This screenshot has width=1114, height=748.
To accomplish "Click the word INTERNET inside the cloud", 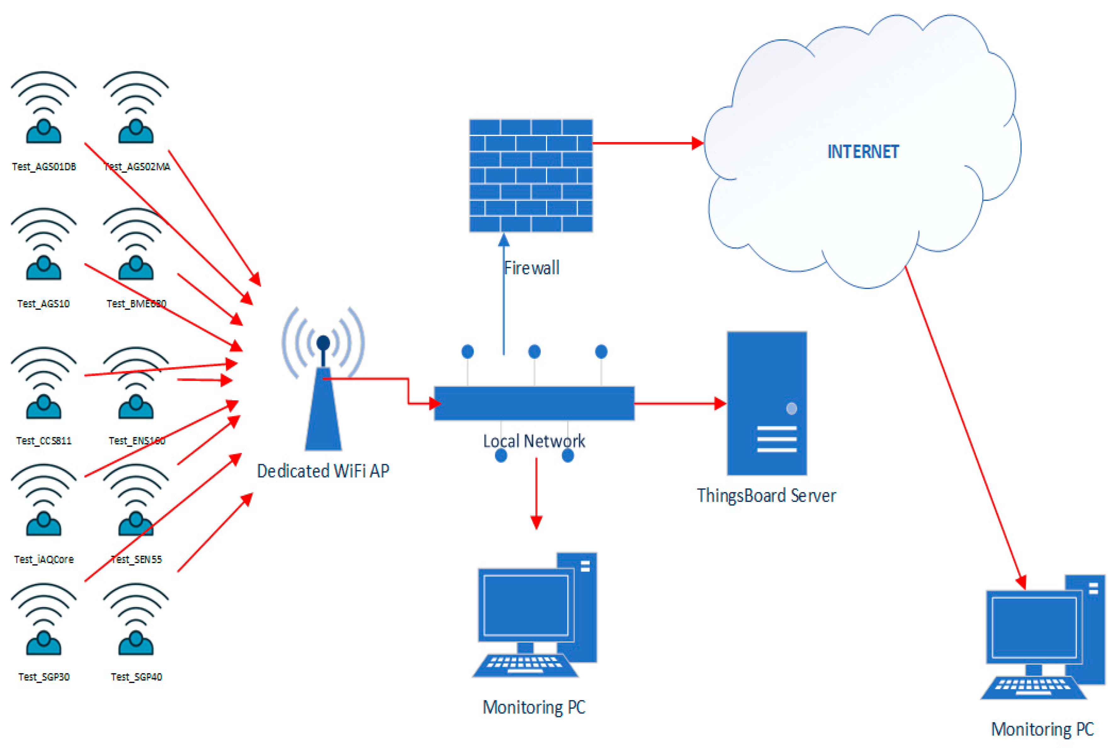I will pos(862,152).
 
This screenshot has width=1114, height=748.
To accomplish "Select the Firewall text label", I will pos(531,268).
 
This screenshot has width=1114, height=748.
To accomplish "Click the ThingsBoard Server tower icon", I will pos(766,403).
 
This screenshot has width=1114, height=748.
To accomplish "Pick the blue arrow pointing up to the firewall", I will pos(503,296).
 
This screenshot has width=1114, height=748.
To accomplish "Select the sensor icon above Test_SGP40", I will pos(136,620).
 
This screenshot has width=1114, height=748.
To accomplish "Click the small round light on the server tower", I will pos(791,408).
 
